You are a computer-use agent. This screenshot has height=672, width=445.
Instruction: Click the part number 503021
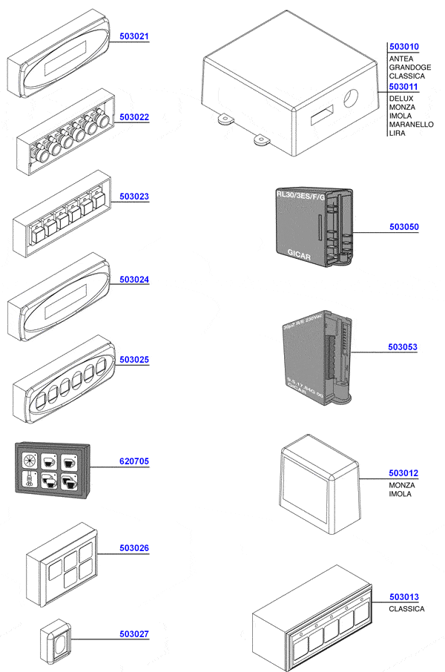tap(133, 36)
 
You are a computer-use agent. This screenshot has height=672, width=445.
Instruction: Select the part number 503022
tap(133, 117)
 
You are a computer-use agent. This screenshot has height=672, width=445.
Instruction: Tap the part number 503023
tap(133, 197)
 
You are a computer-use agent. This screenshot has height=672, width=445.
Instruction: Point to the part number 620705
tap(133, 461)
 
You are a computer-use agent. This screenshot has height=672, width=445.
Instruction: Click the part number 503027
tap(133, 634)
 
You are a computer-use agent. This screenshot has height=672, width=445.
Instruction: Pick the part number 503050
tap(403, 227)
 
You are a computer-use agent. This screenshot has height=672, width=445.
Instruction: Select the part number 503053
tap(403, 346)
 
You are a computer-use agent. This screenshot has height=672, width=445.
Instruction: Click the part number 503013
tap(403, 597)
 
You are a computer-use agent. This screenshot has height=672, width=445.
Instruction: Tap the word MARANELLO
tap(411, 125)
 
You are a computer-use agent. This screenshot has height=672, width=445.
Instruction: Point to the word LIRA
tap(397, 134)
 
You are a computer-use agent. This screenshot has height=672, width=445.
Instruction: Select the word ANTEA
tap(401, 58)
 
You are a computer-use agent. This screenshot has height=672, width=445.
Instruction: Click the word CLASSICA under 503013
tap(406, 609)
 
